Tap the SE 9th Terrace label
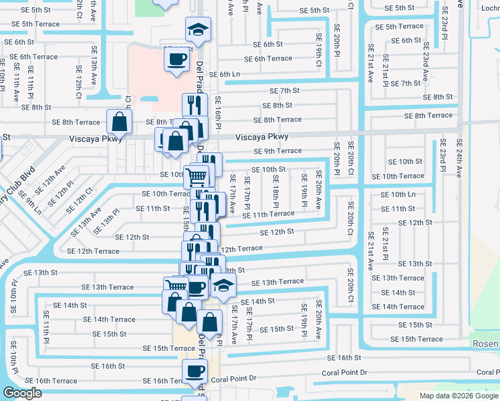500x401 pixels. click(277, 151)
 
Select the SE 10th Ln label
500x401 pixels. click(398, 194)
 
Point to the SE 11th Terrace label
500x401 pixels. click(268, 214)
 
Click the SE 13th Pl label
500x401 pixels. click(106, 221)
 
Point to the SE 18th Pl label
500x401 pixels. click(275, 190)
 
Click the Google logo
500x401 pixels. click(23, 393)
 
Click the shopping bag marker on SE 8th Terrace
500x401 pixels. click(119, 122)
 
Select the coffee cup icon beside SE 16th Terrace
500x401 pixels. click(195, 371)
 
